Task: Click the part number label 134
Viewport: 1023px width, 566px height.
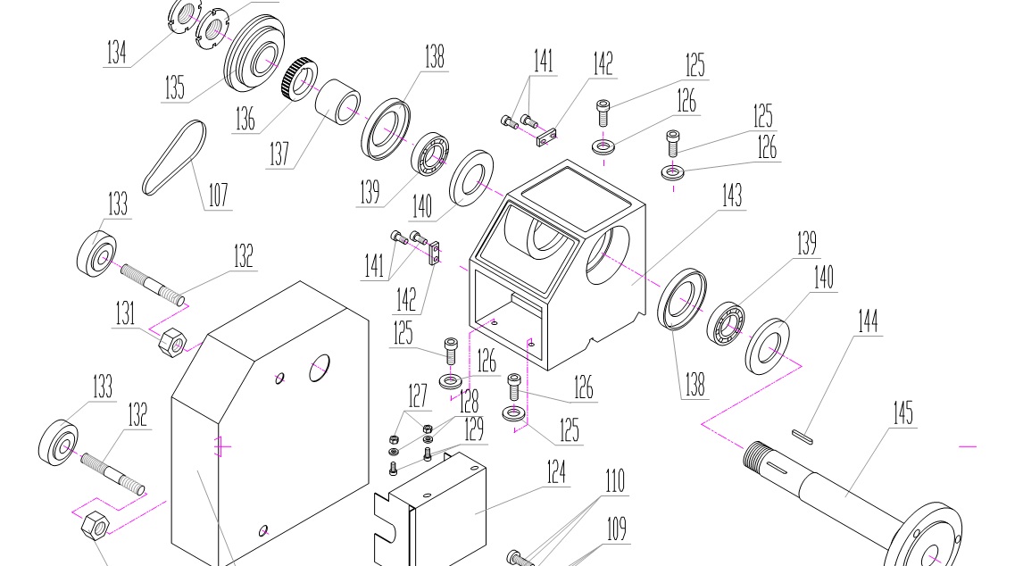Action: (116, 53)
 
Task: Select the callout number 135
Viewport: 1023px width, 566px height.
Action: (174, 87)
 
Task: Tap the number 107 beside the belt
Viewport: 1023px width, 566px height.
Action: (218, 195)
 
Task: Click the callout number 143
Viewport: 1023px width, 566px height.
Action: (731, 195)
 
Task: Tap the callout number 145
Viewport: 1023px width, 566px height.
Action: (903, 413)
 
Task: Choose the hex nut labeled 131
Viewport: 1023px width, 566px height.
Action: (170, 341)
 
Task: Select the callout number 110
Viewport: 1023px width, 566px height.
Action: (614, 481)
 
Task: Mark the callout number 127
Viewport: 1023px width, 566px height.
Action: (418, 395)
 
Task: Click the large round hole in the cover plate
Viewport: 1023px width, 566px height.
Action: (319, 366)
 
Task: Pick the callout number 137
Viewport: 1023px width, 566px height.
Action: (279, 154)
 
